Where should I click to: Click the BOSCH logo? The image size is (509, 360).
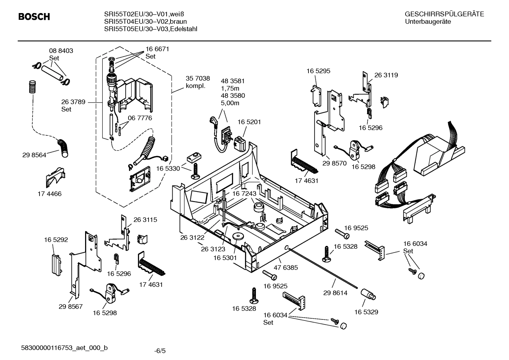click(34, 17)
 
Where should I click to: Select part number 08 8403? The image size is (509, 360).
click(61, 51)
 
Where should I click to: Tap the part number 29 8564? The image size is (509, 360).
click(34, 155)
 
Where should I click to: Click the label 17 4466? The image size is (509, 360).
click(49, 194)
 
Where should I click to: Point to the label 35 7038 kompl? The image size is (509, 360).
click(198, 82)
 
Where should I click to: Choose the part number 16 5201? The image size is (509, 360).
click(249, 122)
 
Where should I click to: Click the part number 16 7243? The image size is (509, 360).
click(244, 194)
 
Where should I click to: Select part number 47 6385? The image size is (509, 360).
click(286, 267)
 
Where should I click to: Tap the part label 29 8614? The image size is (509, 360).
click(335, 293)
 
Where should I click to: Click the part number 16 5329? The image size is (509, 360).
click(366, 312)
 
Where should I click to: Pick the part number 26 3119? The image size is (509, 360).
click(386, 75)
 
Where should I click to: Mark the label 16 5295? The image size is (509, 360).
click(318, 71)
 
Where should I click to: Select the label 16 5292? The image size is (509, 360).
click(56, 240)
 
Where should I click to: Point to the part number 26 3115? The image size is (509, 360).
click(145, 219)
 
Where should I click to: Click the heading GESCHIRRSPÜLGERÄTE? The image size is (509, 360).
click(444, 14)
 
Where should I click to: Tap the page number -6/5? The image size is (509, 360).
click(160, 351)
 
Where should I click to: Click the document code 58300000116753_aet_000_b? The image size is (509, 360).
click(65, 348)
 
